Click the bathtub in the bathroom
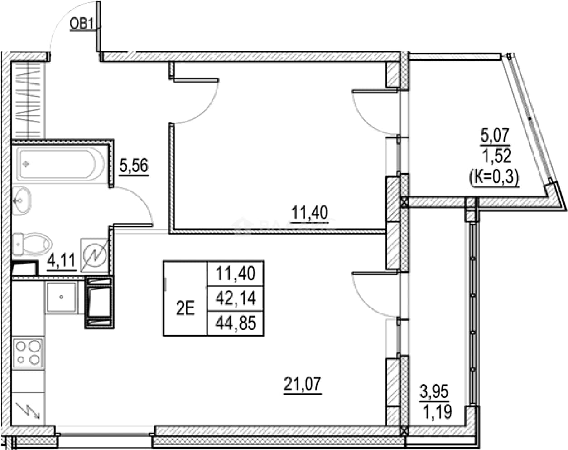click(x=60, y=164)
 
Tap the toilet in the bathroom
click(x=32, y=244)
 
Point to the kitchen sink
click(x=62, y=297)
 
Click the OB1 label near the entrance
click(x=82, y=24)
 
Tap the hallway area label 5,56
click(x=134, y=166)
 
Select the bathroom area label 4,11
click(x=61, y=261)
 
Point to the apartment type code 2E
click(x=185, y=308)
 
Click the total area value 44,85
click(x=236, y=323)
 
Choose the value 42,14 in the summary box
click(x=236, y=298)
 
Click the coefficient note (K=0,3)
click(x=494, y=178)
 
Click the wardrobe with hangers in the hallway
click(x=29, y=100)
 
